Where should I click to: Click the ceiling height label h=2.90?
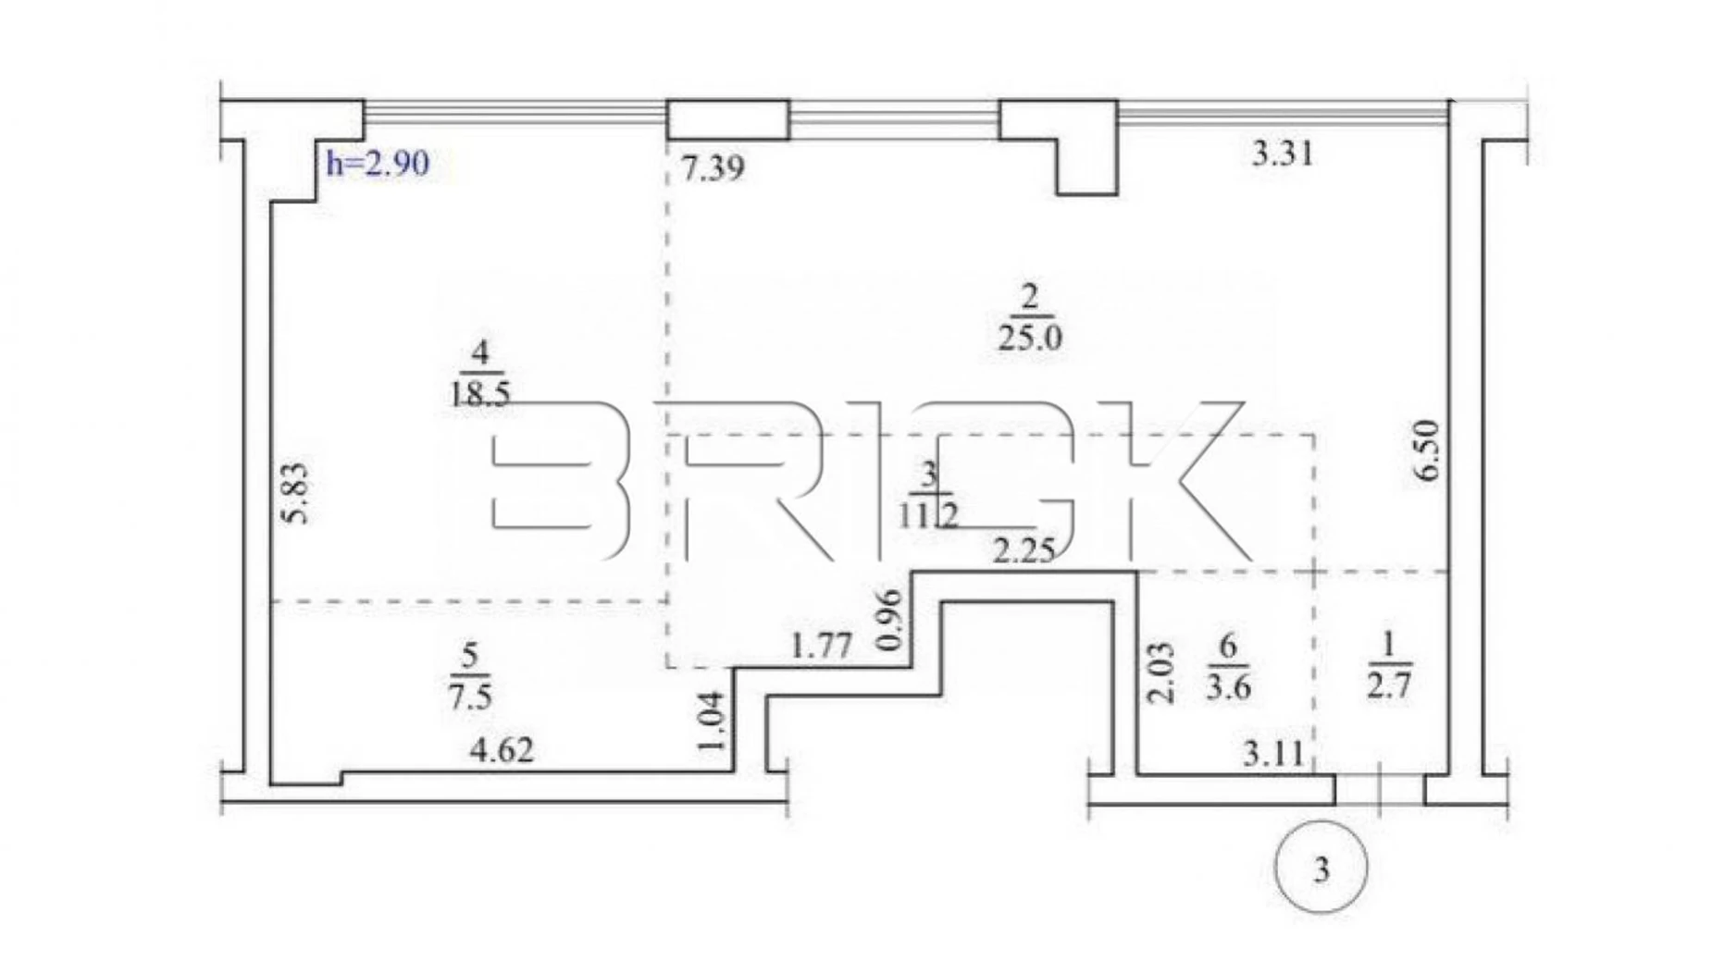[x=378, y=164]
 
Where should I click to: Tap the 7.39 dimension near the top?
[x=713, y=169]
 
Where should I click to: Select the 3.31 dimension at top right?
[x=1283, y=154]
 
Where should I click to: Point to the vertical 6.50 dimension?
[x=1428, y=450]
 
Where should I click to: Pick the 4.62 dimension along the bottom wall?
[x=502, y=750]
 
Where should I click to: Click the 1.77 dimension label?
[x=822, y=645]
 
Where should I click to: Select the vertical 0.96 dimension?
[x=888, y=621]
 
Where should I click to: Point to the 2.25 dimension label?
[x=1023, y=551]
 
